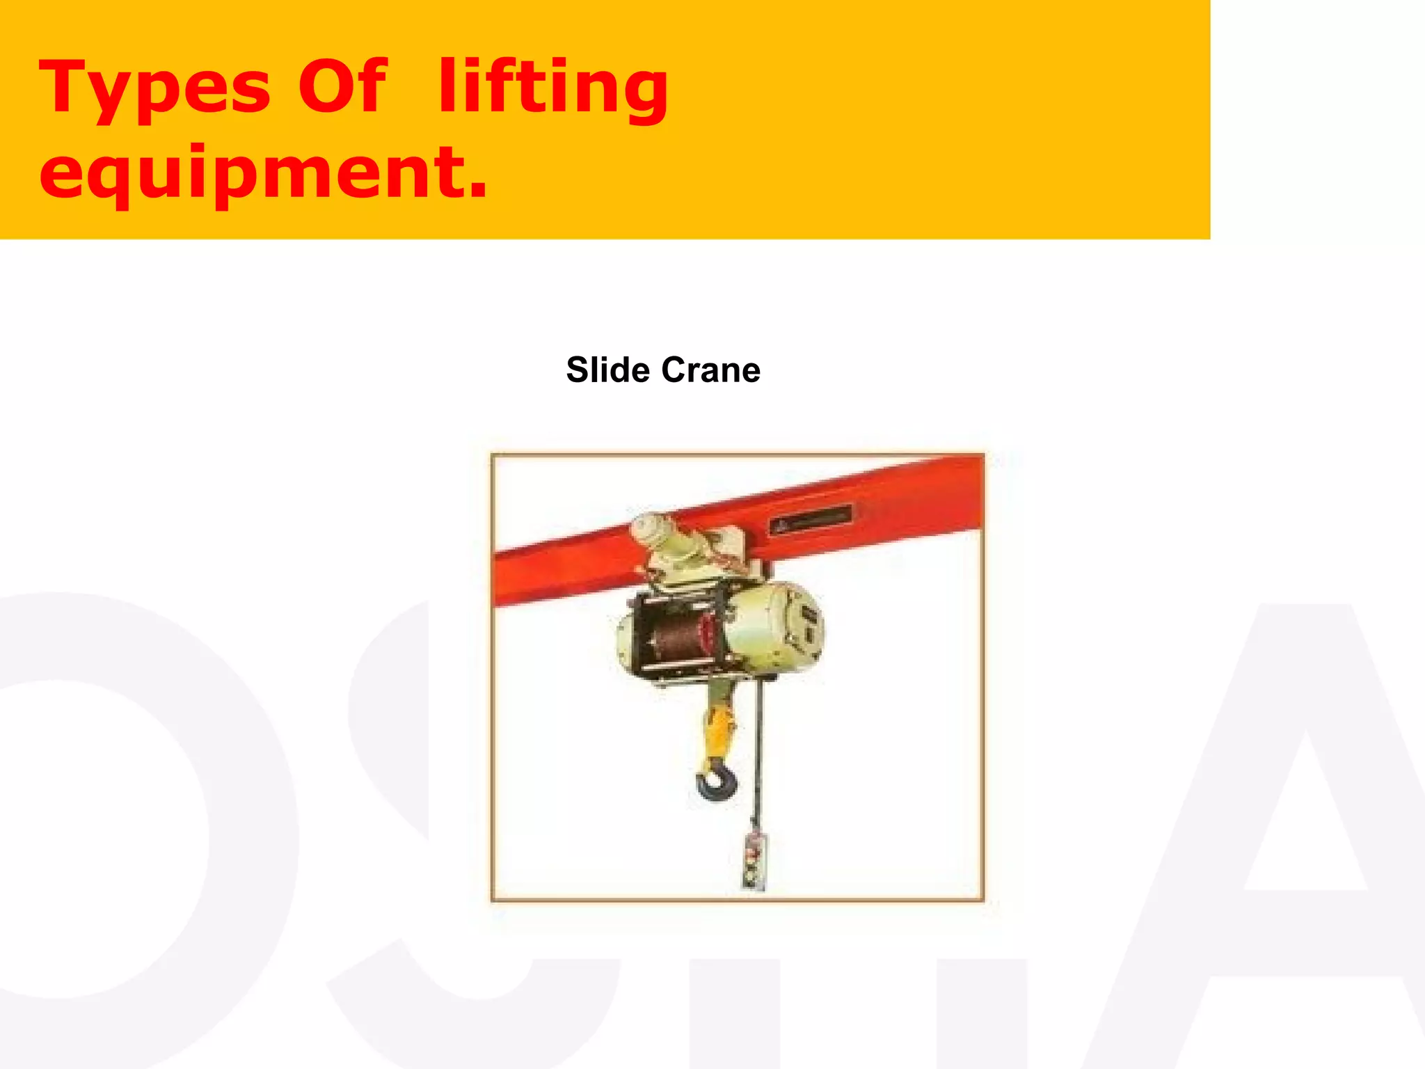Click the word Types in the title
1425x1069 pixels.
154,88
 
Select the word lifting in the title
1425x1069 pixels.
553,88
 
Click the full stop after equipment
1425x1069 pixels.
478,189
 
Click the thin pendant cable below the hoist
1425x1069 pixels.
758,752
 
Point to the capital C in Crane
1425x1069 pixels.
674,370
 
